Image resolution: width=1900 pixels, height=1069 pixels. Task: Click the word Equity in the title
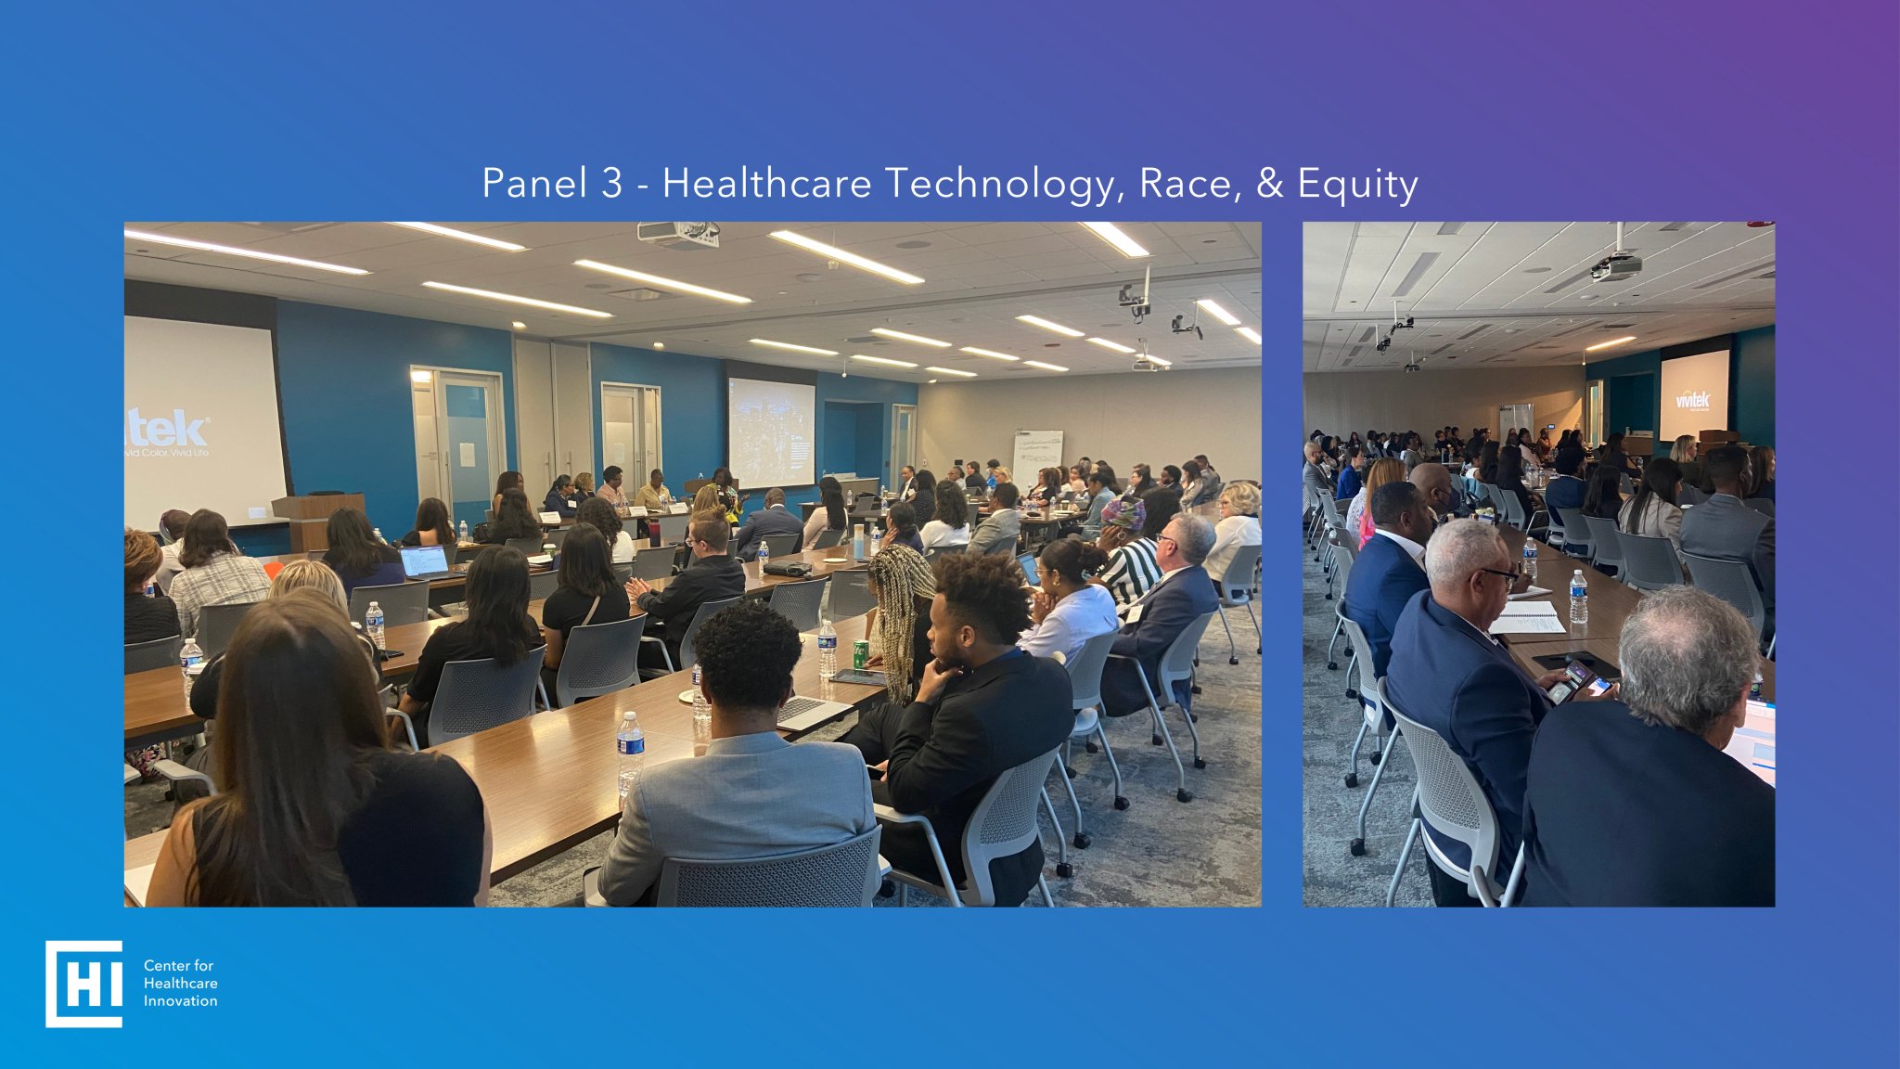click(1357, 183)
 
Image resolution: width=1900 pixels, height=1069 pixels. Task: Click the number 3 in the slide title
click(611, 183)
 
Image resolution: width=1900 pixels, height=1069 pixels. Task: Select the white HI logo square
click(83, 984)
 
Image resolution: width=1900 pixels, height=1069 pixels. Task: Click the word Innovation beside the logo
click(180, 1001)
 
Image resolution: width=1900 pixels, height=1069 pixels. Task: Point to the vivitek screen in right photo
click(1693, 395)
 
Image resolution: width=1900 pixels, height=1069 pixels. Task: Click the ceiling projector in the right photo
click(1616, 266)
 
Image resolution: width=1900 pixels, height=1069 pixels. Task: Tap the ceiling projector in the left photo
click(679, 234)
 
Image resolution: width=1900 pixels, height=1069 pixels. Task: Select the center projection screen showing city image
click(771, 432)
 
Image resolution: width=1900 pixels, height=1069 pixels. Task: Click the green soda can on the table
click(860, 653)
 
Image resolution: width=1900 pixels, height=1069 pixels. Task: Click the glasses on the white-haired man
click(1498, 576)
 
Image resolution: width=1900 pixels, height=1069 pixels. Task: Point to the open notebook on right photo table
click(1527, 617)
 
